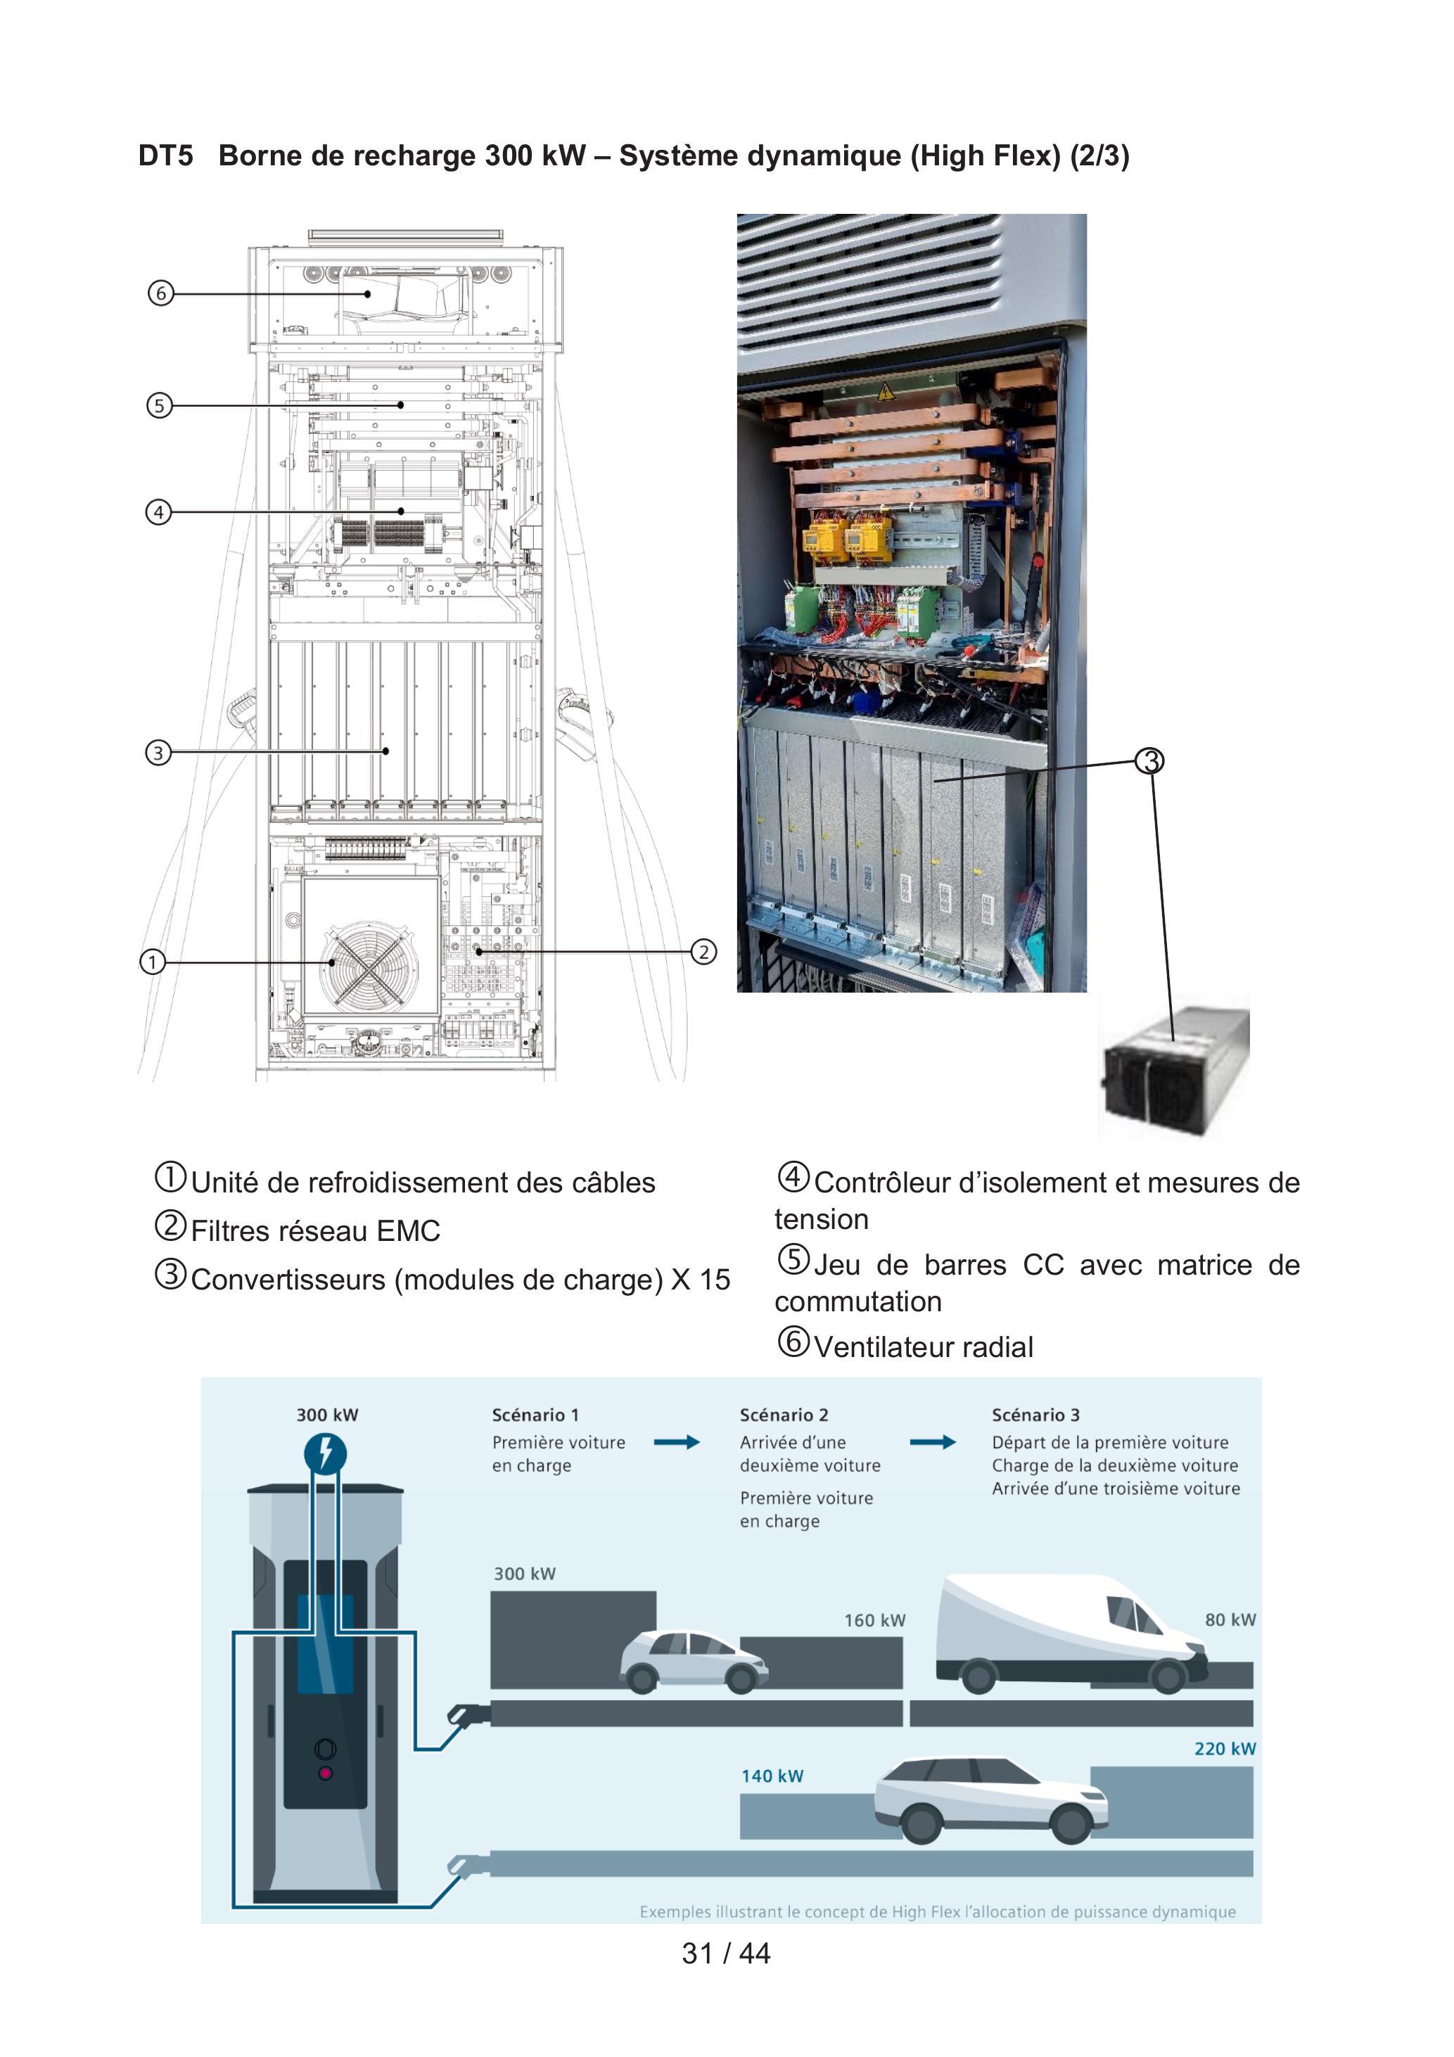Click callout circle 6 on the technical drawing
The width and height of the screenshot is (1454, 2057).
coord(160,293)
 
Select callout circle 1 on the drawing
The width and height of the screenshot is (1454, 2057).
coord(153,962)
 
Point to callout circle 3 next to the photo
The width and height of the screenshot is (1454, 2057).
coord(1149,761)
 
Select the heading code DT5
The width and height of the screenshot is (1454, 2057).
coord(166,156)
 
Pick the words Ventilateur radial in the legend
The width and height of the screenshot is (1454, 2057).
coord(923,1346)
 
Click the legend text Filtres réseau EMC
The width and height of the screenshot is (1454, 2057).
coord(315,1231)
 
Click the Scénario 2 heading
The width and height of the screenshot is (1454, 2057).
coord(784,1415)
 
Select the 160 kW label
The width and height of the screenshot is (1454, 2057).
coord(874,1621)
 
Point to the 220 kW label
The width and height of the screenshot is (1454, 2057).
coord(1225,1749)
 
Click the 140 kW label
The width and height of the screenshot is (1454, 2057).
coord(772,1776)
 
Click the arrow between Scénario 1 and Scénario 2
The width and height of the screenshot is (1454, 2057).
coord(677,1442)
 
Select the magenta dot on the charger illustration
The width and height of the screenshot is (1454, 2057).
coord(325,1773)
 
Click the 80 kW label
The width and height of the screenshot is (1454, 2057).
coord(1230,1620)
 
